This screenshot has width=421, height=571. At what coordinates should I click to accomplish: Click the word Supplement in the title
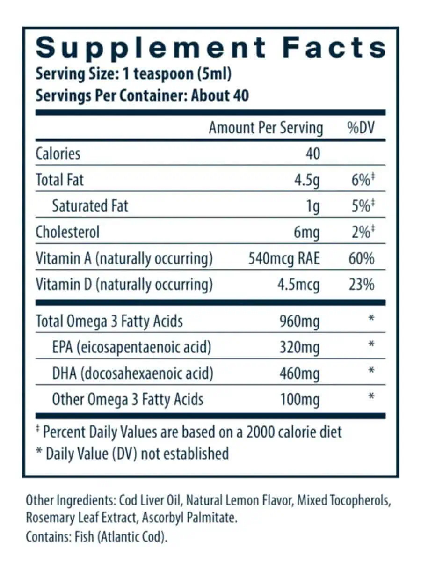[151, 48]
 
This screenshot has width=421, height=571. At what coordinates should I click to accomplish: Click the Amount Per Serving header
[266, 128]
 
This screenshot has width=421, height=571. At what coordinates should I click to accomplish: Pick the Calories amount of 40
[312, 154]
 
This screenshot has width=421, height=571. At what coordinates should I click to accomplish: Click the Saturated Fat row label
[90, 206]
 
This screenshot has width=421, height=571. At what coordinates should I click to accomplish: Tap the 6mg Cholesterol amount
[307, 232]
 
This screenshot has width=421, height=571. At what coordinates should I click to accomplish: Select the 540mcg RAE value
[284, 258]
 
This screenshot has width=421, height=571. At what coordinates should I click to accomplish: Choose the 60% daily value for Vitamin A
[362, 258]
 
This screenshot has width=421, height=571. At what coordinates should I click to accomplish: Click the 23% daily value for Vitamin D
[362, 285]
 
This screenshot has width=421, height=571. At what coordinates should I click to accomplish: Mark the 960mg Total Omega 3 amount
[299, 321]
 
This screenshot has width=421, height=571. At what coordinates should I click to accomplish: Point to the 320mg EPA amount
[299, 347]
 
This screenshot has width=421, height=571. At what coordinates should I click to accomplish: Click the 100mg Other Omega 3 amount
[299, 399]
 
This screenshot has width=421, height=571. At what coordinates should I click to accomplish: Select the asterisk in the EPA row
[371, 345]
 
